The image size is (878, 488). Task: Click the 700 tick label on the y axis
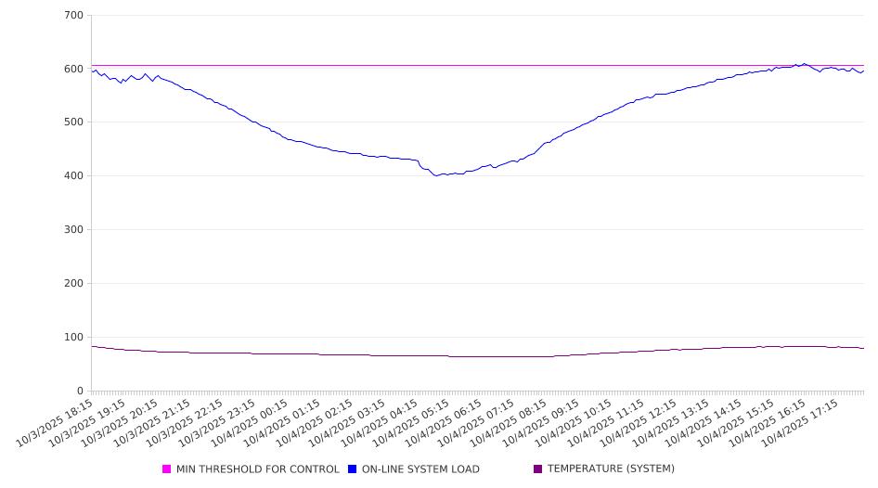tap(73, 16)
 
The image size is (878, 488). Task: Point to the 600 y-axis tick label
tap(73, 69)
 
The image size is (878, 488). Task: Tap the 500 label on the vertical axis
tap(73, 122)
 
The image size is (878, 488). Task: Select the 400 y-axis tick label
tap(73, 176)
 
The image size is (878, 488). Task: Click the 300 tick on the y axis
tap(73, 230)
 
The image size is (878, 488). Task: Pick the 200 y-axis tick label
tap(73, 284)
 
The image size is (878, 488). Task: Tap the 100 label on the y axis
tap(73, 338)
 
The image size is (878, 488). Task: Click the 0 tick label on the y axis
tap(80, 391)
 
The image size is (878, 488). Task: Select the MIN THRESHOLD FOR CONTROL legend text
tap(257, 469)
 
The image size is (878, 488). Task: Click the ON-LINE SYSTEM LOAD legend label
tap(420, 469)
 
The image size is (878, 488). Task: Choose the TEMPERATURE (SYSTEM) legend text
tap(611, 469)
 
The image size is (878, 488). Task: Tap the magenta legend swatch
tap(167, 469)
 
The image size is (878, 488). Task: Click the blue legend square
tap(353, 469)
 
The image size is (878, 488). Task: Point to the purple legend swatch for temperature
tap(538, 469)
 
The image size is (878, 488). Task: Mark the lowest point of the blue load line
tap(436, 175)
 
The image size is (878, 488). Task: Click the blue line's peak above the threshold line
tap(804, 64)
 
